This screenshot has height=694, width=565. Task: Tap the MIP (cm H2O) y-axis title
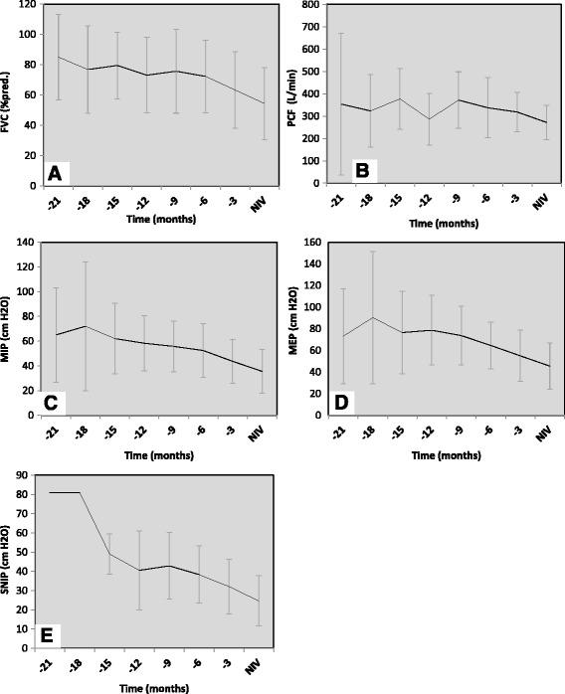(x=16, y=327)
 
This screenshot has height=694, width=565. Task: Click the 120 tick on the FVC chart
(x=29, y=5)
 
